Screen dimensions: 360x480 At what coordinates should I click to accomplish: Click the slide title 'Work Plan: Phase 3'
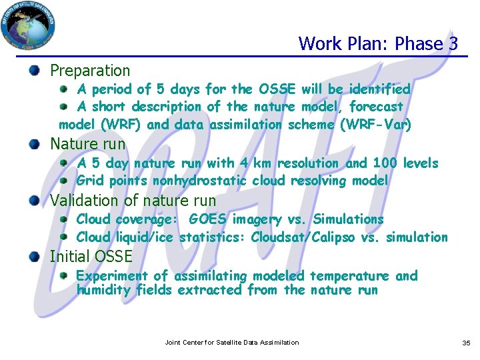pos(378,44)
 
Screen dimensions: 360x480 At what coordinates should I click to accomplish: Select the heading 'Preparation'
pos(90,70)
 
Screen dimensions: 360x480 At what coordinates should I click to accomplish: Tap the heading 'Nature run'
pos(87,143)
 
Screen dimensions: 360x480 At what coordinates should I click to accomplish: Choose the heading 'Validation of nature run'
pos(133,200)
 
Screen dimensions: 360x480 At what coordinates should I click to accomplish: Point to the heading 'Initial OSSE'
pos(91,256)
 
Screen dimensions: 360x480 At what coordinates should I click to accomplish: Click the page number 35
pos(466,343)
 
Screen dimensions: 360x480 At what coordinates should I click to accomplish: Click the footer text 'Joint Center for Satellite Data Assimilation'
pos(232,343)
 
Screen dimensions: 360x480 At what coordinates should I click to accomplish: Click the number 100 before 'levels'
pos(384,163)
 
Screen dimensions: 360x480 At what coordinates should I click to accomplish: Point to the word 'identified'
pos(377,89)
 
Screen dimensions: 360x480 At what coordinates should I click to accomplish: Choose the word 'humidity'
pos(103,290)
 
